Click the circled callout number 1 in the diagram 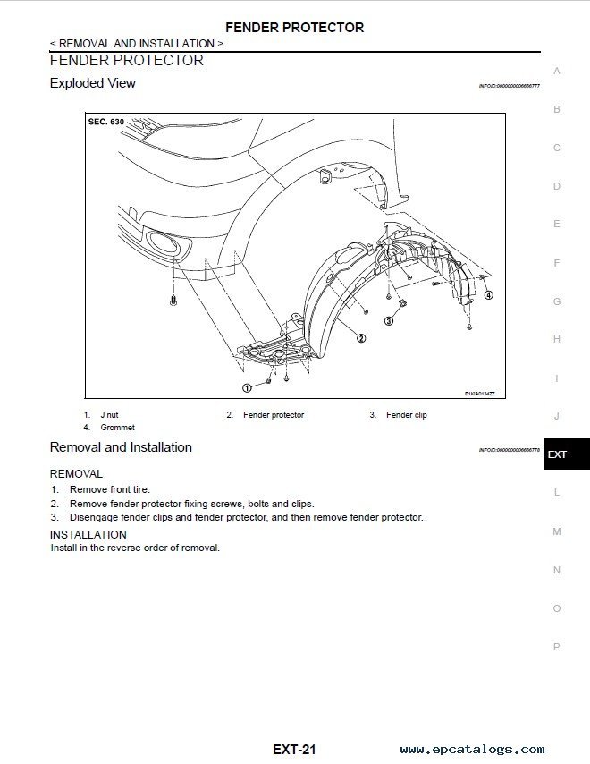tap(246, 387)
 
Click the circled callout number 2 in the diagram tap(360, 338)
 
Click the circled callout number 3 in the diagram tap(389, 319)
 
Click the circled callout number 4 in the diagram tap(488, 294)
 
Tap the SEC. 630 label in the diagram tap(105, 121)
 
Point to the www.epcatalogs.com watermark tap(472, 750)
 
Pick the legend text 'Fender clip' tap(406, 415)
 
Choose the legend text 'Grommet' tap(117, 428)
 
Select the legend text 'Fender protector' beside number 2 tap(274, 415)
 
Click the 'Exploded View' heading tap(93, 83)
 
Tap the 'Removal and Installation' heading tap(121, 447)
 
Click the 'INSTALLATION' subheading tap(88, 535)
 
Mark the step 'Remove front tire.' tap(110, 489)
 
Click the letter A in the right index tap(557, 71)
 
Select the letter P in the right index tap(557, 647)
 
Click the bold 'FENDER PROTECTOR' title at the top tap(294, 28)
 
